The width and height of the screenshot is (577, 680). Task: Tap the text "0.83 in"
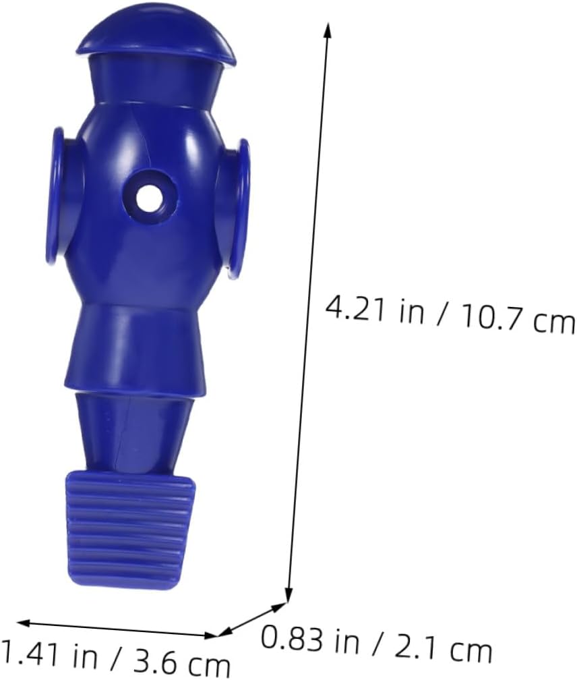[x=310, y=640]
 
